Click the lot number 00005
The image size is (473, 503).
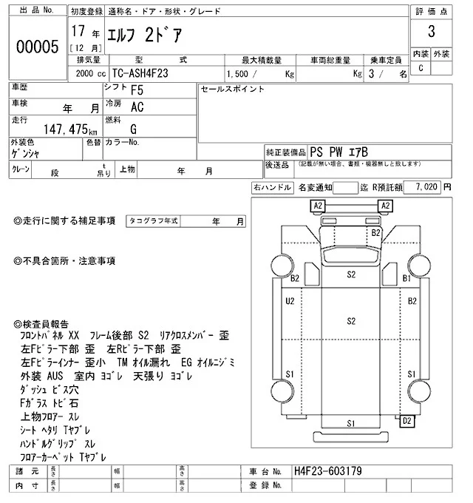[37, 47]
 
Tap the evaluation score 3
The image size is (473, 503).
[429, 33]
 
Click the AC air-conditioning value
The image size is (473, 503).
[137, 107]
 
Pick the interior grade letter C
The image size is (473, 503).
[421, 68]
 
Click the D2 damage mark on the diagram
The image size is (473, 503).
[406, 422]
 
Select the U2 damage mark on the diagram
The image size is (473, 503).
[290, 301]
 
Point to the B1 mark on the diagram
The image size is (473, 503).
[406, 278]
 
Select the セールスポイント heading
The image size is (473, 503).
[232, 90]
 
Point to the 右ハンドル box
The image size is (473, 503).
[270, 188]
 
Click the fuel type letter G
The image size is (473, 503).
[133, 128]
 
